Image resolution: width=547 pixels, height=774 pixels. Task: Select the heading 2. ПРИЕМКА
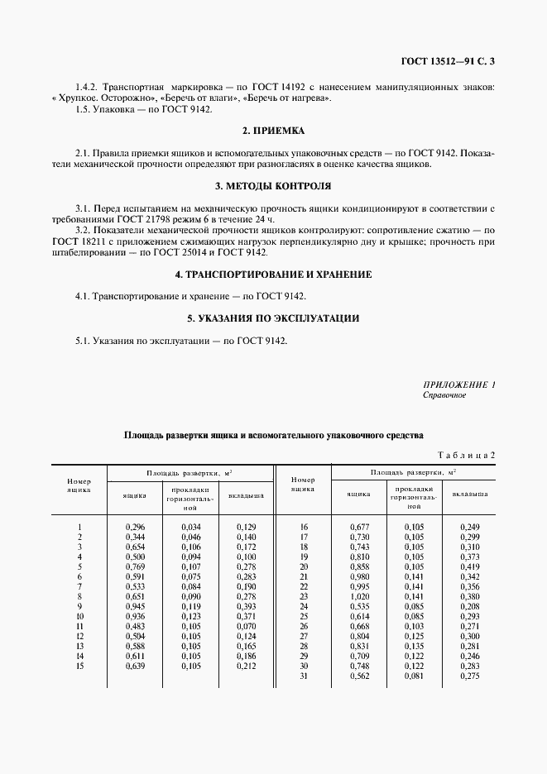coord(273,131)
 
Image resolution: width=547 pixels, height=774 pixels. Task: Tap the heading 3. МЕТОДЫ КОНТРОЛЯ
coord(273,186)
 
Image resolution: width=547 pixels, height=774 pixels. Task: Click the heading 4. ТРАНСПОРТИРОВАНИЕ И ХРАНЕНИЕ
coord(273,274)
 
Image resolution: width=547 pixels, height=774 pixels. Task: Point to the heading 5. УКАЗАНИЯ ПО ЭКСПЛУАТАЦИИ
coord(273,318)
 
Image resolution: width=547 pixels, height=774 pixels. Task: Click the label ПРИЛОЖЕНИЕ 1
coord(458,385)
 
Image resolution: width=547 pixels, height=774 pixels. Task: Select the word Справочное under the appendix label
coord(444,395)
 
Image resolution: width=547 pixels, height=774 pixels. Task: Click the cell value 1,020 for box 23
coord(358,595)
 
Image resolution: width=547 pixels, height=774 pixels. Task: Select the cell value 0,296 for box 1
coord(135,527)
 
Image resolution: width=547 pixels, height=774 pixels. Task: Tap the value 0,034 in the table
coord(191,527)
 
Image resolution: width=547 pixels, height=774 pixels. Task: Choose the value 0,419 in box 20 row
coord(470,566)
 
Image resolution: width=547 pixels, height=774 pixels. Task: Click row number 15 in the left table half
coord(79,665)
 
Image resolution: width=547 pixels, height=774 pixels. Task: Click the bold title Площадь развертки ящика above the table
coord(273,433)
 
